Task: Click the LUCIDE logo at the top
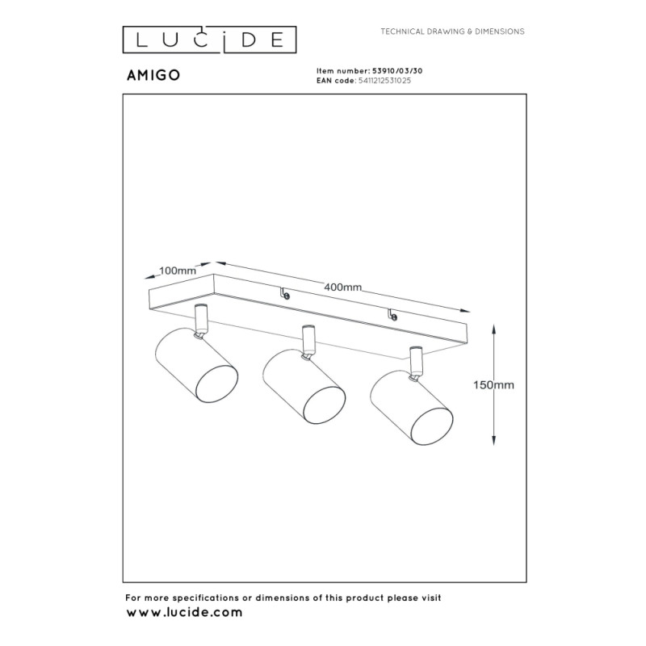tap(209, 40)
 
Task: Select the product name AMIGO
tap(153, 75)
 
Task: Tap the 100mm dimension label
tap(178, 271)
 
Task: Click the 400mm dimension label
tap(342, 287)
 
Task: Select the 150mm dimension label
tap(493, 385)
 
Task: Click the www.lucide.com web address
tap(184, 613)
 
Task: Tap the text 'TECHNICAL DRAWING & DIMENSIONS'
tap(452, 31)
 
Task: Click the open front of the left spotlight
tap(216, 383)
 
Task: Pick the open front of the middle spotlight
tap(325, 404)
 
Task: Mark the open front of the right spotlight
tap(432, 426)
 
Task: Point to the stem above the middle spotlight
tap(308, 342)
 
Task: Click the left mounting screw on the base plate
tap(285, 293)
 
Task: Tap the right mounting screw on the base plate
tap(392, 315)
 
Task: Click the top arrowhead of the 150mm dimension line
tap(494, 329)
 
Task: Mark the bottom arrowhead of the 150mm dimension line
tap(494, 440)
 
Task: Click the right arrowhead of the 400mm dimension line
tap(466, 311)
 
